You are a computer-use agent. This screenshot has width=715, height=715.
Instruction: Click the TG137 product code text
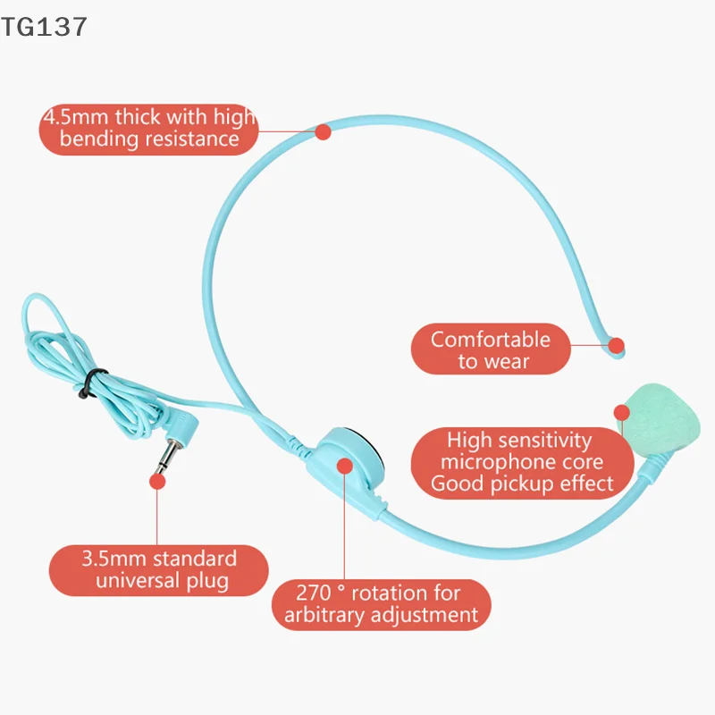(x=44, y=27)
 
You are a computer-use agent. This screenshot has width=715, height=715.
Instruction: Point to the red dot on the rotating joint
(x=345, y=466)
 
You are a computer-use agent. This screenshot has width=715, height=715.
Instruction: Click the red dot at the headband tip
(x=616, y=345)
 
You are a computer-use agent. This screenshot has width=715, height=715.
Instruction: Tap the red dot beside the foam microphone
(x=621, y=413)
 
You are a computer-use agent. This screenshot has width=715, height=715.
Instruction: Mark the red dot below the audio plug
(x=157, y=482)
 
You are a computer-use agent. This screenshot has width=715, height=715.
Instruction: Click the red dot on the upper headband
(x=323, y=131)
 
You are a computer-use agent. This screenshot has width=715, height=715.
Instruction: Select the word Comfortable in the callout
(x=491, y=340)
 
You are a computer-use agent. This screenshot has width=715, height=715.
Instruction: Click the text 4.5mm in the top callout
(x=76, y=117)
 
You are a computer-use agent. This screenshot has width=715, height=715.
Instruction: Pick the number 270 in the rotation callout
(x=314, y=593)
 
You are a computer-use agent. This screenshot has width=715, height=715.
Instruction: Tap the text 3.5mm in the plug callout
(x=114, y=559)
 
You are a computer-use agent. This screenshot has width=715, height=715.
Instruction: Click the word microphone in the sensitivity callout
(x=498, y=463)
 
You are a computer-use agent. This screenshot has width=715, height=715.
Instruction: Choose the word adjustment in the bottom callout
(x=424, y=616)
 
